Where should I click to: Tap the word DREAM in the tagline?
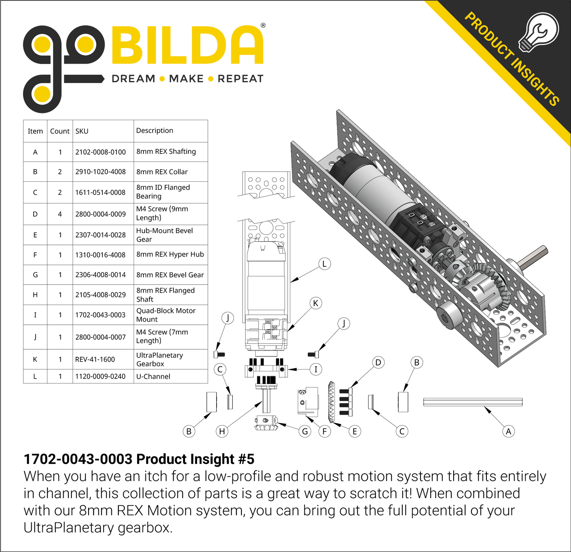click(x=133, y=79)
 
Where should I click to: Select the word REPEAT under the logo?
click(x=240, y=79)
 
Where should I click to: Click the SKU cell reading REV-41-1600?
click(x=95, y=359)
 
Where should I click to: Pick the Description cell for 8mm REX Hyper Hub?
click(x=170, y=254)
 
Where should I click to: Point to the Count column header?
click(x=60, y=131)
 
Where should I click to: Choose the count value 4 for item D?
click(x=60, y=214)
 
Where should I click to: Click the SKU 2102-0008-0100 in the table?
click(x=100, y=152)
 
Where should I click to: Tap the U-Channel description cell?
click(x=153, y=377)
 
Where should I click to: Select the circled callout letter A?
click(x=508, y=431)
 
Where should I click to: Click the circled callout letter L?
click(x=324, y=264)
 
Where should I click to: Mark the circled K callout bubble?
click(x=315, y=303)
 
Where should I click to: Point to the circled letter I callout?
click(x=315, y=369)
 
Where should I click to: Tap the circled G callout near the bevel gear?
click(x=305, y=431)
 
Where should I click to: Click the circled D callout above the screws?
click(x=378, y=362)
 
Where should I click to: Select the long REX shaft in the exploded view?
click(x=473, y=402)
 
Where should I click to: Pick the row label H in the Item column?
click(x=35, y=295)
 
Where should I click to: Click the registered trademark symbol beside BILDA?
click(x=263, y=26)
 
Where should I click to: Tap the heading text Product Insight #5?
click(x=139, y=459)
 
